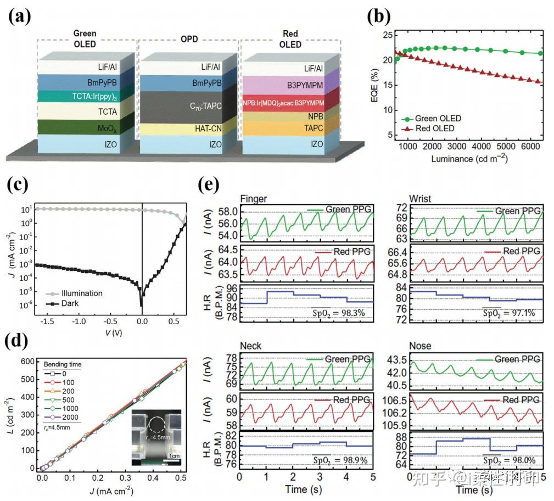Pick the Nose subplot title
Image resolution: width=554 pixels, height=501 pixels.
(421, 346)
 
